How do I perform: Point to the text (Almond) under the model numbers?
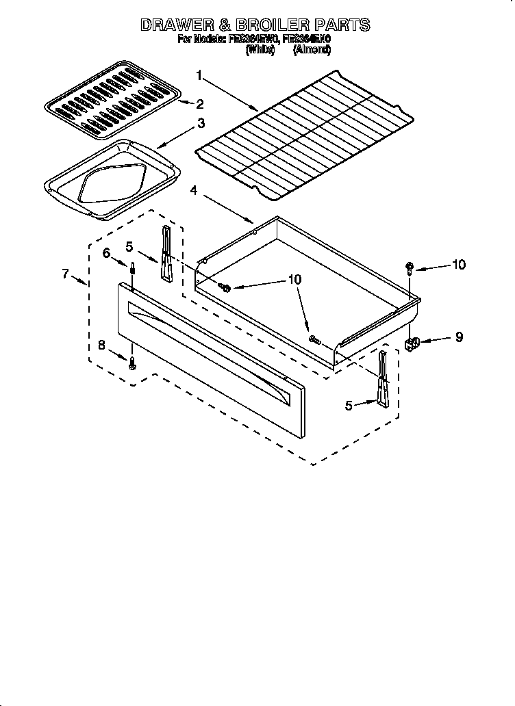pyautogui.click(x=312, y=50)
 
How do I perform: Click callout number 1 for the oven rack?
pyautogui.click(x=199, y=75)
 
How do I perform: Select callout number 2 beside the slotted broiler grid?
pyautogui.click(x=199, y=104)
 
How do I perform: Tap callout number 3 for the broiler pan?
pyautogui.click(x=201, y=123)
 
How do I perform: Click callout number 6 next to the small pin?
pyautogui.click(x=106, y=253)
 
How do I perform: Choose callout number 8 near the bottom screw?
pyautogui.click(x=102, y=345)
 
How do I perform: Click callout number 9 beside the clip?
pyautogui.click(x=459, y=337)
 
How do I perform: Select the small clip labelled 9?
pyautogui.click(x=412, y=344)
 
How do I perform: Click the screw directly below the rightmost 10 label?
pyautogui.click(x=409, y=267)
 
